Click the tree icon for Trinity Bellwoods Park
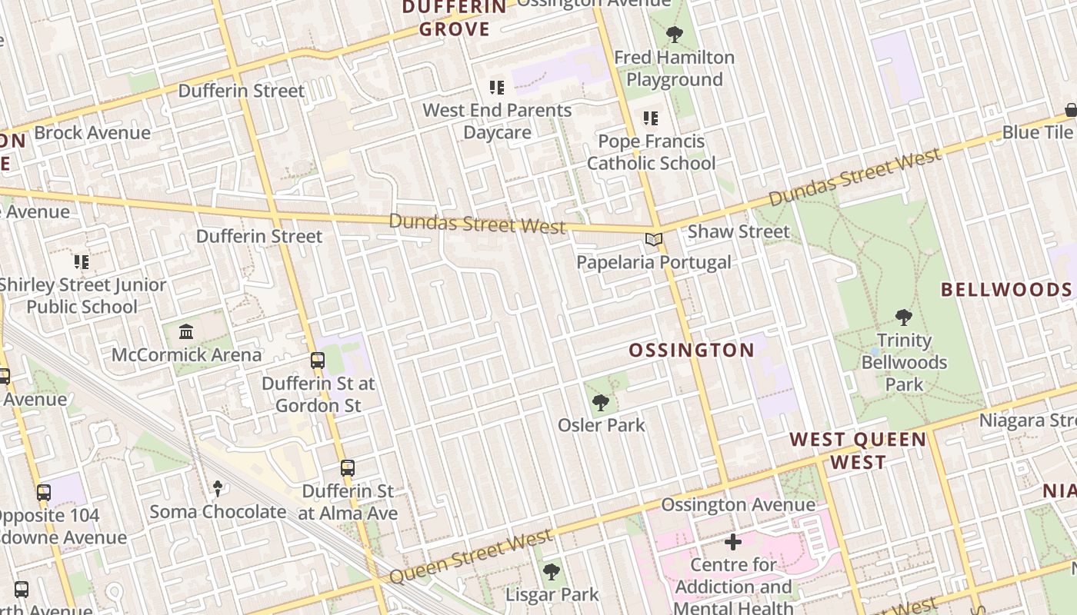904,317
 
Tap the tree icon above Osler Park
601,402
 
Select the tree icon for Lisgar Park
551,572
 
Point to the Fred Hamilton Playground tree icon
675,35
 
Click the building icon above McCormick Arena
186,332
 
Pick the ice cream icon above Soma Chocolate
218,488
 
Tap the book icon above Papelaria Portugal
654,240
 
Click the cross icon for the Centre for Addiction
733,543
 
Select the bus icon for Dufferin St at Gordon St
317,360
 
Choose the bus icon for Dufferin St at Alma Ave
348,467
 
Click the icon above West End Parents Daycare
497,88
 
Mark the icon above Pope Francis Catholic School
651,118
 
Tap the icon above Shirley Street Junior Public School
82,262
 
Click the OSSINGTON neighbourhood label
692,351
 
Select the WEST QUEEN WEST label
858,450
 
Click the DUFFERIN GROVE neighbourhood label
455,18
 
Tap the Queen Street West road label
470,556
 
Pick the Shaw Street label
739,231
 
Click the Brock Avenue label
92,133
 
